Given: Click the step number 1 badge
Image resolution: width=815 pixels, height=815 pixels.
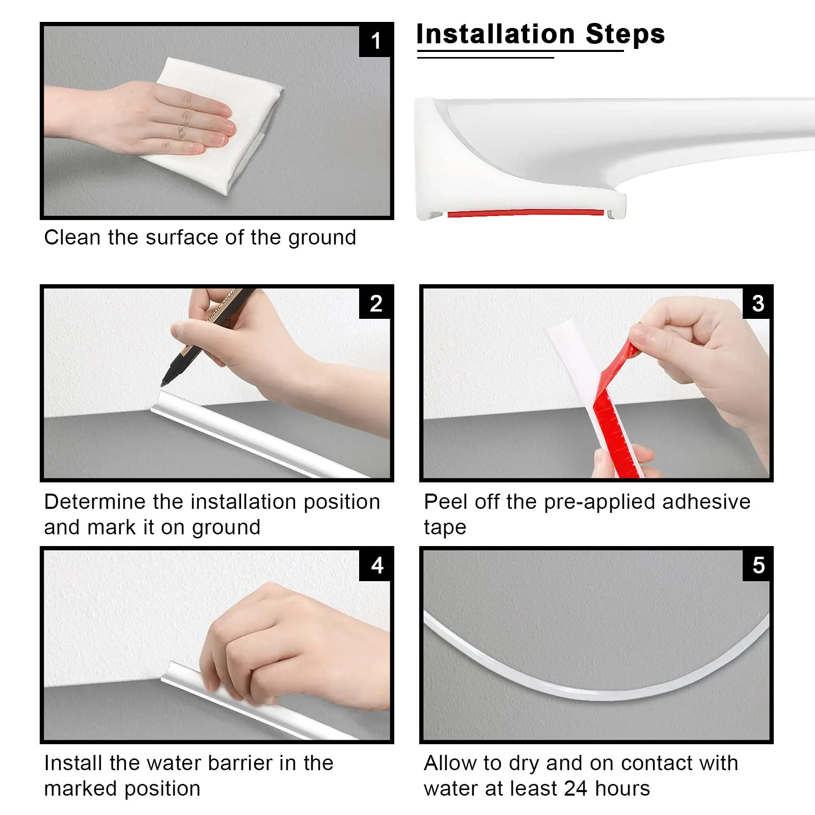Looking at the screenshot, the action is [x=376, y=41].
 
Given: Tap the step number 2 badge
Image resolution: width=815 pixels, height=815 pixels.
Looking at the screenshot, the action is [x=376, y=304].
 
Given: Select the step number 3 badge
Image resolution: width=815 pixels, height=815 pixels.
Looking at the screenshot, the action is [x=757, y=304].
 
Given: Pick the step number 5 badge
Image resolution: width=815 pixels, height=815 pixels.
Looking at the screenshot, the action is [x=757, y=565].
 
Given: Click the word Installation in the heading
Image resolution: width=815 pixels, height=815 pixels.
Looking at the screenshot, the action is [x=496, y=35].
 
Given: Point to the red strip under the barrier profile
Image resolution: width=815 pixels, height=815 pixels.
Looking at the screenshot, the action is [x=526, y=213].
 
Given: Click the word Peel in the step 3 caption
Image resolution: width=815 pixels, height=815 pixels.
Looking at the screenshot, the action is [x=446, y=502].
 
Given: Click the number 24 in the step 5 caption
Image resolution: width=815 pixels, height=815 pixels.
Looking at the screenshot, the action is [x=576, y=789].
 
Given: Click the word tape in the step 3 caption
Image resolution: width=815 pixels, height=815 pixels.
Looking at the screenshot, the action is [x=445, y=528].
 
